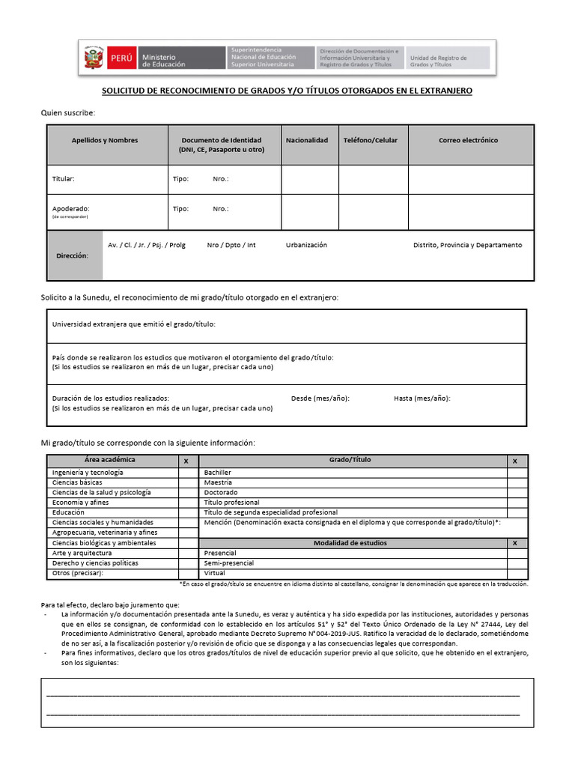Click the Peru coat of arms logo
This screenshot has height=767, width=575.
[94, 58]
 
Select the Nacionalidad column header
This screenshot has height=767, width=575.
[306, 141]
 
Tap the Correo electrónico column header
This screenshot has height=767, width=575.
[468, 141]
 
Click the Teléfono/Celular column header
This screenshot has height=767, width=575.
[371, 141]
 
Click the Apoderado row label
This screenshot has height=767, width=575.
[70, 209]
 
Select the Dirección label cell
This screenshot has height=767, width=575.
[72, 256]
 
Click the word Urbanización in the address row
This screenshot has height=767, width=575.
[306, 246]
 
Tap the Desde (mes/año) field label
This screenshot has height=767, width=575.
[320, 398]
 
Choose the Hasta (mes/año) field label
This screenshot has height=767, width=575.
[422, 398]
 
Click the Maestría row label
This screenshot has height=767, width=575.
[219, 483]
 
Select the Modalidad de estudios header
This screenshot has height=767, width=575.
[350, 543]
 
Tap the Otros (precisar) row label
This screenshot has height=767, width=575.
[77, 573]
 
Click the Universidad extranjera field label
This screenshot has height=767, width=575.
[133, 325]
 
